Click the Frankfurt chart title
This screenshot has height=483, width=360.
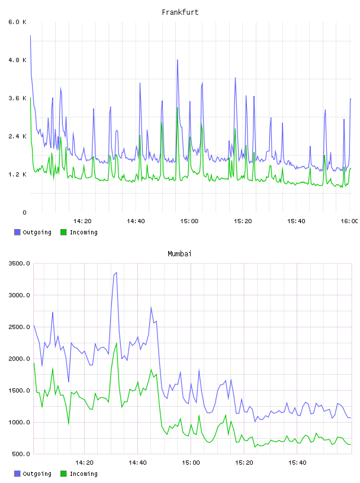[180, 12]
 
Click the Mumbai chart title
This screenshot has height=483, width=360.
[179, 254]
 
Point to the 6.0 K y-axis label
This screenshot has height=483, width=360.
[17, 22]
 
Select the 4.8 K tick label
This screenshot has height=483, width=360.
[17, 60]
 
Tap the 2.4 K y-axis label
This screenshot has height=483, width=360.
[17, 136]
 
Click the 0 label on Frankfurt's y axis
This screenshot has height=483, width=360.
[24, 212]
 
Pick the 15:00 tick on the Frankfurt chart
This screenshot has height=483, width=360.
[189, 221]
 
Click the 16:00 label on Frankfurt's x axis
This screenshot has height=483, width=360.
[349, 221]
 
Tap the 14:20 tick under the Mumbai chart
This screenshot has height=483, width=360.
[84, 463]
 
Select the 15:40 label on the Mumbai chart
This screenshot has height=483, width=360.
[297, 463]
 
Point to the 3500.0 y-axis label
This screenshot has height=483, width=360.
[19, 263]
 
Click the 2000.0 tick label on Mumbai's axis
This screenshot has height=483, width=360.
[19, 359]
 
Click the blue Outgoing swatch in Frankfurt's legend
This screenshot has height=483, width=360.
[17, 232]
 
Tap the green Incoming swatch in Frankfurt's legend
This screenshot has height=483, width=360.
[63, 232]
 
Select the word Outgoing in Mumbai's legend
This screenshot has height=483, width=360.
[37, 474]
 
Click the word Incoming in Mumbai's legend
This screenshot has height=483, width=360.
[83, 474]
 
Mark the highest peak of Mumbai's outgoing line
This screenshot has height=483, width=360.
[116, 273]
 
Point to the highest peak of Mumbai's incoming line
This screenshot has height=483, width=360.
[117, 343]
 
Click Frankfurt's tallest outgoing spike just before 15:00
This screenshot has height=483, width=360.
[178, 60]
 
